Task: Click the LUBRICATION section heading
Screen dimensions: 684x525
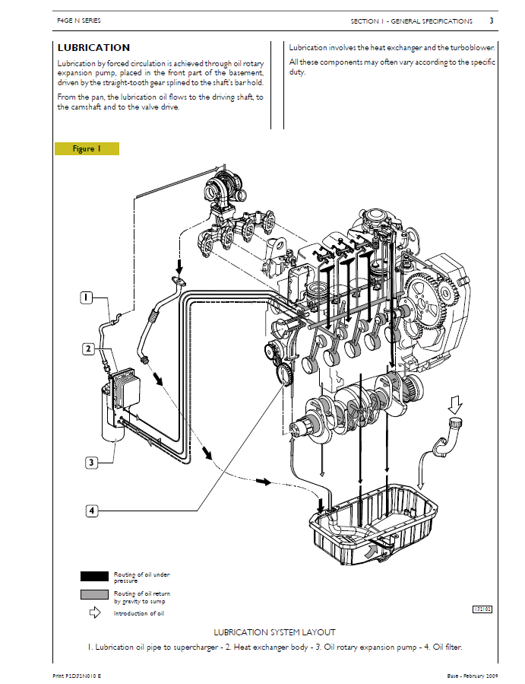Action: (x=93, y=47)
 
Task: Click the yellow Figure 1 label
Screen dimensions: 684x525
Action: (x=86, y=148)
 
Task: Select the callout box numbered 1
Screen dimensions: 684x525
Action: (x=88, y=297)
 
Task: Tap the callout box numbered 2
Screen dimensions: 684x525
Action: (x=88, y=349)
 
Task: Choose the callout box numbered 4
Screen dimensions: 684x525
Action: (x=91, y=511)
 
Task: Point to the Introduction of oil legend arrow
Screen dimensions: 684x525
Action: (x=94, y=612)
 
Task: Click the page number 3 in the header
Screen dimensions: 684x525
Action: (x=491, y=21)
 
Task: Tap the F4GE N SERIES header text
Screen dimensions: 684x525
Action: (x=79, y=21)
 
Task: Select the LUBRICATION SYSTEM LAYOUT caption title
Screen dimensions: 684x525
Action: (x=274, y=632)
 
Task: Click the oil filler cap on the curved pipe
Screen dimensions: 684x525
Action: (x=457, y=422)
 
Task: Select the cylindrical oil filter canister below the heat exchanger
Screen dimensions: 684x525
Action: (x=112, y=414)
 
